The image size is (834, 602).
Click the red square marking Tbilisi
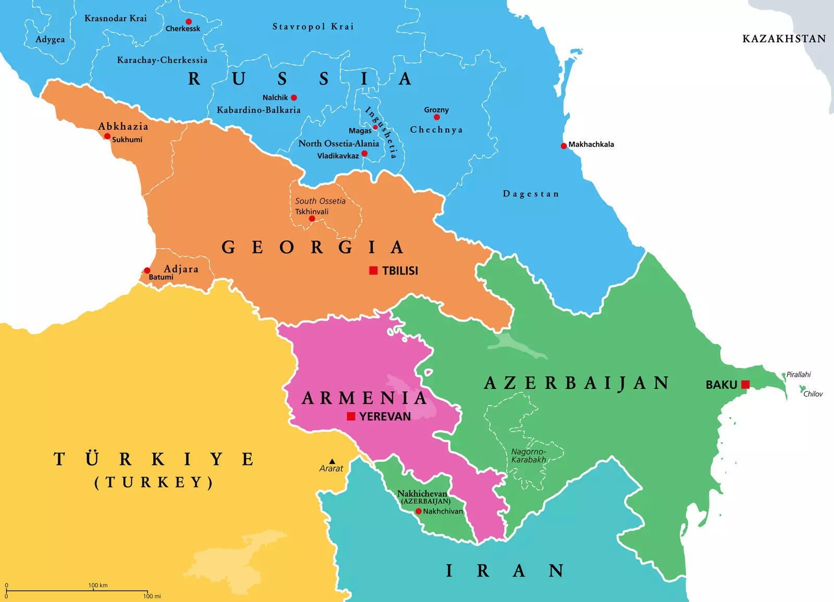[x=373, y=270]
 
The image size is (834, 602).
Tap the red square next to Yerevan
[x=351, y=416]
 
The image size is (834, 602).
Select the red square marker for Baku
[x=745, y=385]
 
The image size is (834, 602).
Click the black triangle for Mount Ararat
[x=332, y=461]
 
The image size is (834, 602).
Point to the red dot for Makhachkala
[x=563, y=146]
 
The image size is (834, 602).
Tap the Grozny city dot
[x=437, y=117]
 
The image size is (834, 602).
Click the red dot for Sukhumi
[x=107, y=137]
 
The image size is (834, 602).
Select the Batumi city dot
[x=147, y=271]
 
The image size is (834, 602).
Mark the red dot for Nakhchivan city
[x=418, y=511]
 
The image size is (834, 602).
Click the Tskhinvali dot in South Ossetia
[x=312, y=219]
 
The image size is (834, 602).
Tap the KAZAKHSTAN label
[x=784, y=39]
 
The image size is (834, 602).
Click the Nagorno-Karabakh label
[x=529, y=456]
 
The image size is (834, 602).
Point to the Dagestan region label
[x=531, y=194]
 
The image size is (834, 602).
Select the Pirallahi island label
[x=799, y=374]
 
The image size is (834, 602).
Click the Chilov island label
[x=813, y=394]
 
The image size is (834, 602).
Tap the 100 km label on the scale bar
[x=98, y=585]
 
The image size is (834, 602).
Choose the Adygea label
[x=50, y=40]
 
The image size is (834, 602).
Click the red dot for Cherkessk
[x=189, y=22]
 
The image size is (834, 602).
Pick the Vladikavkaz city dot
[x=364, y=153]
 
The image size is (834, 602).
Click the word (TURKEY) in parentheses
[x=154, y=482]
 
